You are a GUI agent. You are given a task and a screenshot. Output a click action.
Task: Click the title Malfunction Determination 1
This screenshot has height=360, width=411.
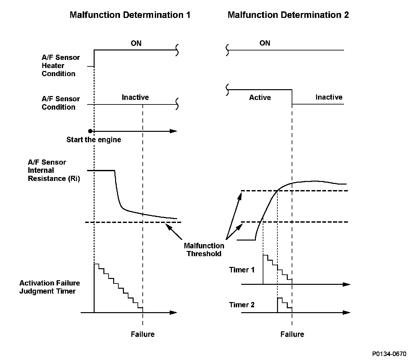[130, 15]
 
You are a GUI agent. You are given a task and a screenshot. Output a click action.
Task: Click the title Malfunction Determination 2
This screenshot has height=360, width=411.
[288, 15]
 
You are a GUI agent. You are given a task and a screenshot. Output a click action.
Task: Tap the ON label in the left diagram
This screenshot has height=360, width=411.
[136, 43]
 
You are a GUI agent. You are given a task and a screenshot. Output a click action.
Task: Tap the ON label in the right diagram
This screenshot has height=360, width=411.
[265, 43]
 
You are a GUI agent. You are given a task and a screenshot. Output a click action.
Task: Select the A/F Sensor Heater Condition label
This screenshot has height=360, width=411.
[60, 65]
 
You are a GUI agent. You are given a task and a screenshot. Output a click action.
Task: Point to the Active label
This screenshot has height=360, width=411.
[260, 97]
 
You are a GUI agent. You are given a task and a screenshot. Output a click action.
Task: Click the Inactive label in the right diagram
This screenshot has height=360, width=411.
[329, 97]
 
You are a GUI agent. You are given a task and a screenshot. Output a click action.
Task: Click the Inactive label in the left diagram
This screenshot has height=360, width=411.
[135, 97]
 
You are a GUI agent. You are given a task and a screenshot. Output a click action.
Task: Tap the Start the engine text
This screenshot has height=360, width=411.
[94, 140]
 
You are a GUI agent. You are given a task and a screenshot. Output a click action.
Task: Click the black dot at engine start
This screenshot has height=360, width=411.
[90, 131]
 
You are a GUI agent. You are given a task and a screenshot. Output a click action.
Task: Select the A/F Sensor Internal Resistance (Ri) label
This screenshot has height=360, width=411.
[54, 170]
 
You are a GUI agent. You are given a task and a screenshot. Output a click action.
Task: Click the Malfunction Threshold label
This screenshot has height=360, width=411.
[204, 250]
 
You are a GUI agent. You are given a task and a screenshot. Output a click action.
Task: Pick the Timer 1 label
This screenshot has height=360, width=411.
[242, 270]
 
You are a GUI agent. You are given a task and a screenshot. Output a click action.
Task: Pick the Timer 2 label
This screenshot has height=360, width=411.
[242, 305]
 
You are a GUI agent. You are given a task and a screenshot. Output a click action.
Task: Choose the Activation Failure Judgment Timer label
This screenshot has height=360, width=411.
[49, 287]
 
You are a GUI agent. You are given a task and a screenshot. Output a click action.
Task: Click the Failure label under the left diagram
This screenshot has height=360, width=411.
[142, 334]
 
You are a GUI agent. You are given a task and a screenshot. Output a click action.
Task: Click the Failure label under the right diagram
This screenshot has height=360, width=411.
[292, 334]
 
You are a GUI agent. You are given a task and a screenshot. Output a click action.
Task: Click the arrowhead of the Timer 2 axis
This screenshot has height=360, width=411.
[347, 313]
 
